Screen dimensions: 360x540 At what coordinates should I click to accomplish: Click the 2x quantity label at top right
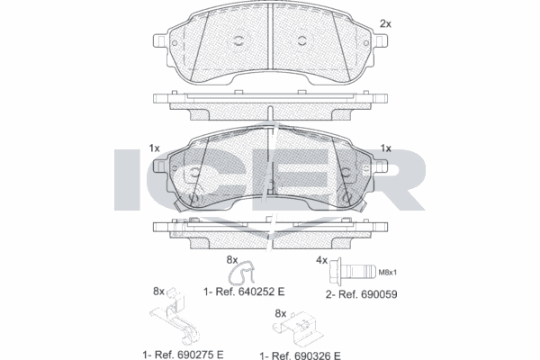pos(385,23)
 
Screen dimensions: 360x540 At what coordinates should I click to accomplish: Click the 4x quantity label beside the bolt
pos(321,261)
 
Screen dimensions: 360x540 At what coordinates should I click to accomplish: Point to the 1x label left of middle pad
pos(155,148)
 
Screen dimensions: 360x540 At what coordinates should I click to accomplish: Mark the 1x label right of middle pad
pos(386,148)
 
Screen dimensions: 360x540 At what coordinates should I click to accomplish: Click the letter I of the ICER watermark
pos(127,180)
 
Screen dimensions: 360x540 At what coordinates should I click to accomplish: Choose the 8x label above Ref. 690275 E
pos(159,291)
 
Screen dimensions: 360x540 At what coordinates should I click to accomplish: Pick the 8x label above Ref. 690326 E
pos(280,312)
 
